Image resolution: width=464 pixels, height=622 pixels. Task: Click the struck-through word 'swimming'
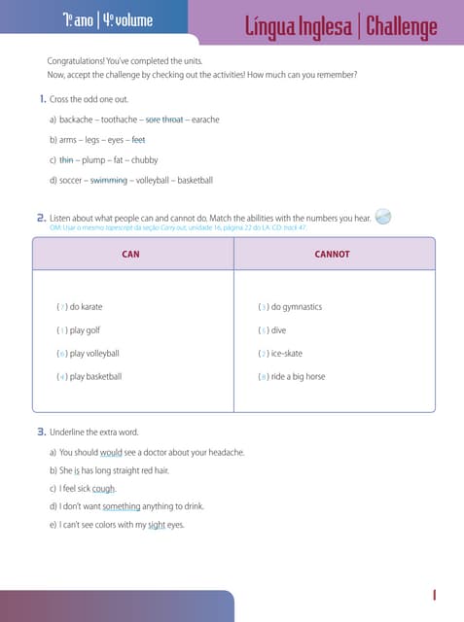108,180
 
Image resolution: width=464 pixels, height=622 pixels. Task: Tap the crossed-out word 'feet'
138,140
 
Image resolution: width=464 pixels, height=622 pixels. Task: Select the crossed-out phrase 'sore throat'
163,120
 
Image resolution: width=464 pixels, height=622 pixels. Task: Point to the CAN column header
131,255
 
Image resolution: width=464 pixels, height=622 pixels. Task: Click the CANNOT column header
332,255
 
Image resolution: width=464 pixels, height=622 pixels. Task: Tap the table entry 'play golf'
85,330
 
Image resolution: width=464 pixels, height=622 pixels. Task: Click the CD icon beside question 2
383,217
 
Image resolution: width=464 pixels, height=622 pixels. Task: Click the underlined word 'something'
121,507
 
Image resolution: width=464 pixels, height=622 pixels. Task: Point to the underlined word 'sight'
156,525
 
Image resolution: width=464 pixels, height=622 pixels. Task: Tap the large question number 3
41,431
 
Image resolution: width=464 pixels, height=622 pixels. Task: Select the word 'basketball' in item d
195,180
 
